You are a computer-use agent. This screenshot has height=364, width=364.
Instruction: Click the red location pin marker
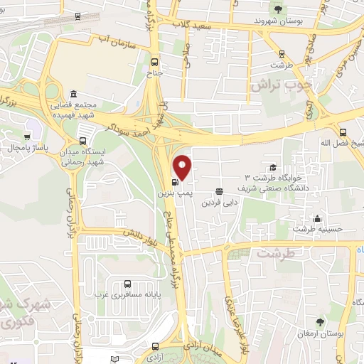pyautogui.click(x=183, y=166)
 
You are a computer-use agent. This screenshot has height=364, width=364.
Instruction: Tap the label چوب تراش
pyautogui.click(x=281, y=85)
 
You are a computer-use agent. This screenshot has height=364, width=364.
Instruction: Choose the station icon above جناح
pyautogui.click(x=156, y=61)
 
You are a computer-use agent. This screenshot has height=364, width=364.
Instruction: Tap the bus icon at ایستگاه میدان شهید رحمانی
pyautogui.click(x=83, y=141)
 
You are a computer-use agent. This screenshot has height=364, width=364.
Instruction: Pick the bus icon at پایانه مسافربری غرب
pyautogui.click(x=127, y=284)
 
